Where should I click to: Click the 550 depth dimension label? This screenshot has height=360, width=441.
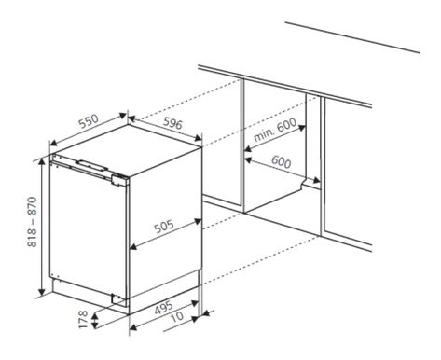[89, 121]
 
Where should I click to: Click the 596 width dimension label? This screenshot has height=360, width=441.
[172, 123]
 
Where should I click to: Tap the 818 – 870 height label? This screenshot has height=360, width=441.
[32, 222]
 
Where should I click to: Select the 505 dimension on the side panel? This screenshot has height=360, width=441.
[164, 227]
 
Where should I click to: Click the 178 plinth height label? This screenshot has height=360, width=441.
[83, 319]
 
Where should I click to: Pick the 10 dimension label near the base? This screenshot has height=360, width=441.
[177, 316]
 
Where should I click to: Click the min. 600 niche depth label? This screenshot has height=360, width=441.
[275, 130]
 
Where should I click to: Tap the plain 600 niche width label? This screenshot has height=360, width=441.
[282, 161]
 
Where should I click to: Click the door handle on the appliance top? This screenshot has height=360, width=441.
[91, 165]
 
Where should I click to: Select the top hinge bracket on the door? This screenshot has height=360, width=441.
[119, 181]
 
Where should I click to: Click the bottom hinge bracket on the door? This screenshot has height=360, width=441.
[118, 298]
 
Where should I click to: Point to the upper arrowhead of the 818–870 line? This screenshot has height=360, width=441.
[42, 164]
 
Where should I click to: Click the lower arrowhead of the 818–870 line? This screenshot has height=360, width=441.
[42, 291]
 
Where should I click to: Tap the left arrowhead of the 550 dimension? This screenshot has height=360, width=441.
[54, 143]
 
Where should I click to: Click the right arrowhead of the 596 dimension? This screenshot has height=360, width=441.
[198, 138]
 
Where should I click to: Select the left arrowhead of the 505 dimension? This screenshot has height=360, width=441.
[133, 247]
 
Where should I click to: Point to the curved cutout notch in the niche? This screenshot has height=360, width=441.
[302, 184]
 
